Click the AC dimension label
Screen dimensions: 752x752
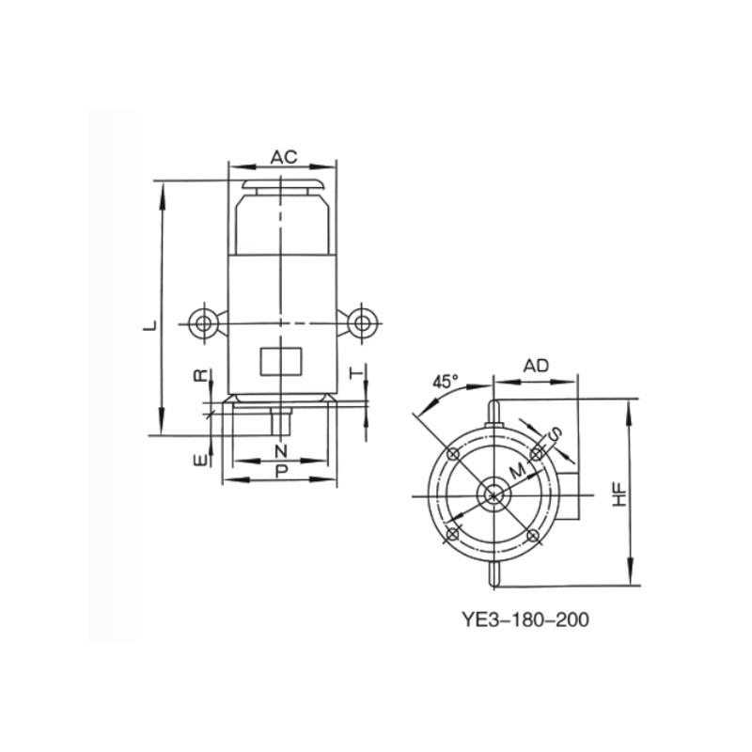point(284,157)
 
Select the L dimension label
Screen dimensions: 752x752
point(148,324)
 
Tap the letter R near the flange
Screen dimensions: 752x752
point(199,375)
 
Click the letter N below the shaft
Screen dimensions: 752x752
point(280,451)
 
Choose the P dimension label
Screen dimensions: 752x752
point(280,470)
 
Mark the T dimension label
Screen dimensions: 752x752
point(357,373)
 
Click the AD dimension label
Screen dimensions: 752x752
point(536,366)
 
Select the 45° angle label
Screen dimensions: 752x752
point(446,382)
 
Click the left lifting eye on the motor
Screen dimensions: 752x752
point(202,323)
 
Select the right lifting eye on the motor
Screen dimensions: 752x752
point(361,323)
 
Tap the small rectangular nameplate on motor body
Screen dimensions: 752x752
point(280,360)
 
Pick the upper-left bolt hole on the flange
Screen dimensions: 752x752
point(453,454)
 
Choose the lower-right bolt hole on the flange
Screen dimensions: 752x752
point(534,535)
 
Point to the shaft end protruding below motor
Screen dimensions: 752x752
point(280,421)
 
